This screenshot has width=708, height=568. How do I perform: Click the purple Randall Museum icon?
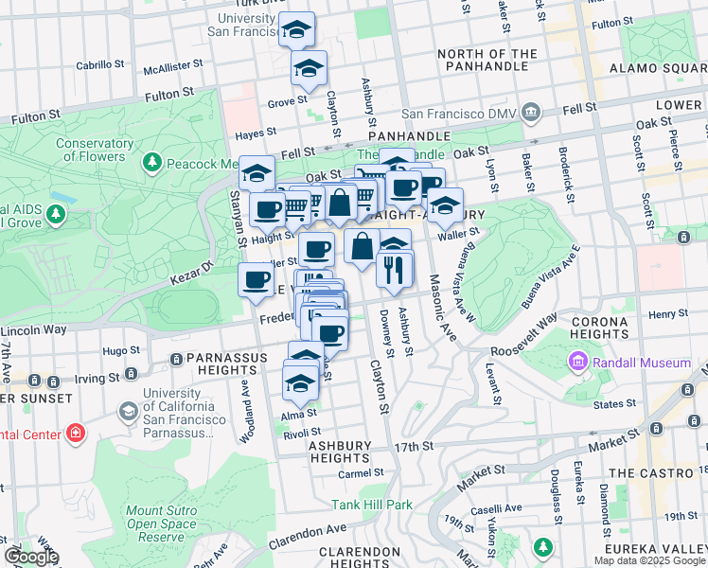tap(577, 363)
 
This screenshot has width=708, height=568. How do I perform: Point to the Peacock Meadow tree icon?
tap(151, 164)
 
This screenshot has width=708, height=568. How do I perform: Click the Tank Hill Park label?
tap(371, 505)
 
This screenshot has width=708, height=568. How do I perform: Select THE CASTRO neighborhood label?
tap(651, 472)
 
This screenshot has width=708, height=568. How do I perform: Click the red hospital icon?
tap(76, 435)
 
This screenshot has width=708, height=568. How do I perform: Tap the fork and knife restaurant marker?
tap(394, 270)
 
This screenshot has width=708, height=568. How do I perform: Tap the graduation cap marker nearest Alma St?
tap(300, 382)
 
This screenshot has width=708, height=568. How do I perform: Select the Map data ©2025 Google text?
tap(648, 559)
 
